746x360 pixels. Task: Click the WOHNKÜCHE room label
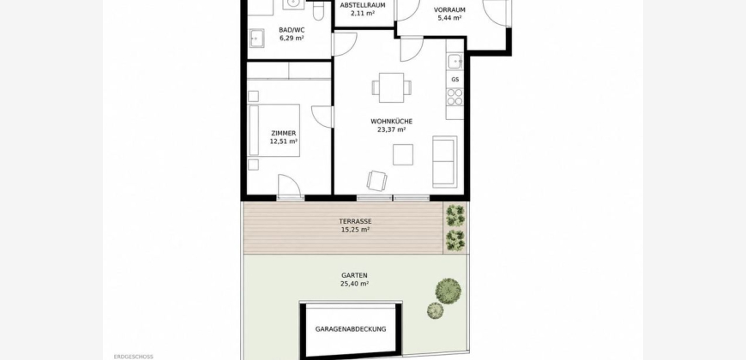pyautogui.click(x=392, y=121)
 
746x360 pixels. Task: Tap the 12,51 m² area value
pyautogui.click(x=284, y=141)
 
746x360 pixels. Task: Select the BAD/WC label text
pyautogui.click(x=292, y=30)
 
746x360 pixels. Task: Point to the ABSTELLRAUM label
pyautogui.click(x=363, y=5)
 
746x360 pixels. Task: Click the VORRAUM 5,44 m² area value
pyautogui.click(x=449, y=18)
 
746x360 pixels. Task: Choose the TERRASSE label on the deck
pyautogui.click(x=355, y=221)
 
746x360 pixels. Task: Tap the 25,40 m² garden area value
pyautogui.click(x=355, y=284)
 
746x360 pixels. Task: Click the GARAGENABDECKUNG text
pyautogui.click(x=351, y=329)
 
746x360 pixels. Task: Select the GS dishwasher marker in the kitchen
pyautogui.click(x=455, y=80)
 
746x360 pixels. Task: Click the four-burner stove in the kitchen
pyautogui.click(x=454, y=97)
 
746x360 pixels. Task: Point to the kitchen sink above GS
pyautogui.click(x=454, y=62)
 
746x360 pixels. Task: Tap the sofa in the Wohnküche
pyautogui.click(x=445, y=162)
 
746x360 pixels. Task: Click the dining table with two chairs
pyautogui.click(x=392, y=87)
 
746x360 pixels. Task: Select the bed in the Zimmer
pyautogui.click(x=274, y=130)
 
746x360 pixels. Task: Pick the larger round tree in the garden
pyautogui.click(x=448, y=291)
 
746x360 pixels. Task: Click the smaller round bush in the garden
pyautogui.click(x=435, y=310)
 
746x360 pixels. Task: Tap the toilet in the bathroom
pyautogui.click(x=318, y=9)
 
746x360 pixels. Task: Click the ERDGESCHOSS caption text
pyautogui.click(x=134, y=357)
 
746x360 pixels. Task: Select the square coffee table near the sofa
pyautogui.click(x=403, y=154)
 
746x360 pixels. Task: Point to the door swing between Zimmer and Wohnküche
pyautogui.click(x=322, y=117)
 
